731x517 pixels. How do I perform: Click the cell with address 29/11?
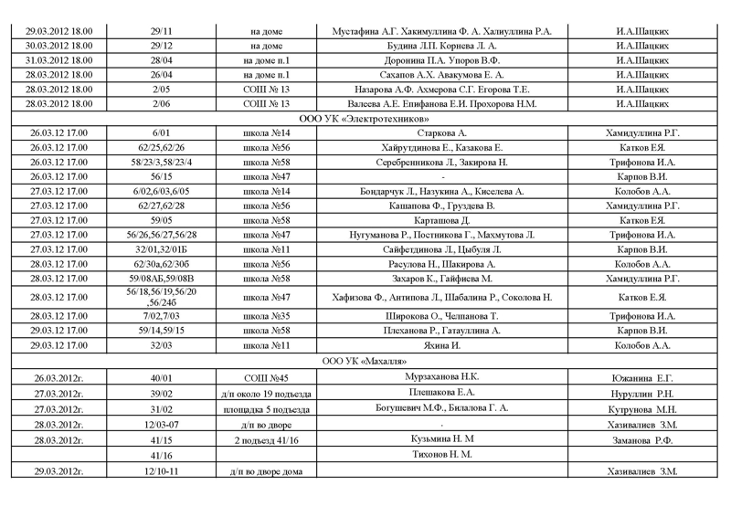tap(162, 31)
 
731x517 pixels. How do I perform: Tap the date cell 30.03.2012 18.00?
tap(59, 46)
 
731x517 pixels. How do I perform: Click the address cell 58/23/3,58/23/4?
tap(162, 162)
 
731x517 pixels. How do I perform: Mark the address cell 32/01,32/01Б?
tap(162, 249)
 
